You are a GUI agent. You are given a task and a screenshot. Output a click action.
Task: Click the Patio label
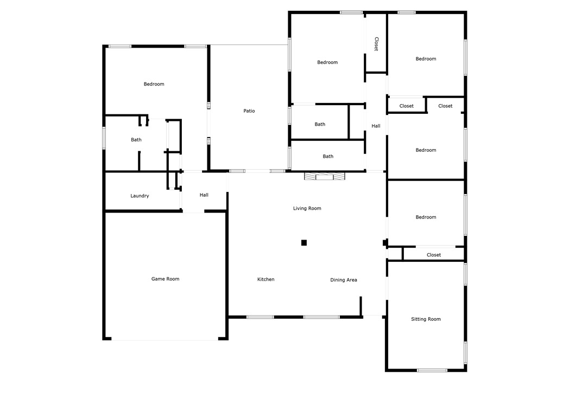tap(249, 111)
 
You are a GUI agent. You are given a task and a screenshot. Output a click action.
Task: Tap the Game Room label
tap(165, 279)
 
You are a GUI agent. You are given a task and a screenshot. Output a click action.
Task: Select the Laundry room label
tap(140, 196)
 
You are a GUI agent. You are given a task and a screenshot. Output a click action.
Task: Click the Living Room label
tap(307, 208)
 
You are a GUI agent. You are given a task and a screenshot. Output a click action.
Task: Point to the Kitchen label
tap(265, 280)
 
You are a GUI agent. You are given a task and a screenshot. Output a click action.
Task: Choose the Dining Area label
tap(344, 280)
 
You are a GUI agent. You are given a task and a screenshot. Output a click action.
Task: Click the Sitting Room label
tap(426, 319)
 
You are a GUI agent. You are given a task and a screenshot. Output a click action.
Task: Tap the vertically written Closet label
tap(376, 44)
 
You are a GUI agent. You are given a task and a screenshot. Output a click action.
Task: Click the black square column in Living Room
tap(304, 243)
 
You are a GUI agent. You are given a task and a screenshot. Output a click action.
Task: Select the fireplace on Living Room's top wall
tap(324, 176)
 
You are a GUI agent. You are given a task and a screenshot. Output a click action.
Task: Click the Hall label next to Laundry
tap(204, 195)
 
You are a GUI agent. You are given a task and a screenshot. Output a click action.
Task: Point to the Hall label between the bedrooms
tap(376, 126)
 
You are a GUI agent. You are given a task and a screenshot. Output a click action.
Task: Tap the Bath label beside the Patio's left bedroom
tap(136, 140)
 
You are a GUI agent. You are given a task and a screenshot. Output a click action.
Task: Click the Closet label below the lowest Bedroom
tap(434, 255)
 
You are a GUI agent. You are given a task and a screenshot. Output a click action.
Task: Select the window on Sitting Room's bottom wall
tap(432, 370)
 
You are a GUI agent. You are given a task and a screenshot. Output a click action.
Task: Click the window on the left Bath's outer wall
tap(104, 138)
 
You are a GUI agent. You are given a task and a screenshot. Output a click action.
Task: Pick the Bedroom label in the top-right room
tap(426, 59)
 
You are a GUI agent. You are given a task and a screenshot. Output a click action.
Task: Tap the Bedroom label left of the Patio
tap(154, 84)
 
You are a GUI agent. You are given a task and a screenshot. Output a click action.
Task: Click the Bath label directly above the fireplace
tap(328, 157)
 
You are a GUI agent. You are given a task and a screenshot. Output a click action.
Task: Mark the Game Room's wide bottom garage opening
tap(165, 340)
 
